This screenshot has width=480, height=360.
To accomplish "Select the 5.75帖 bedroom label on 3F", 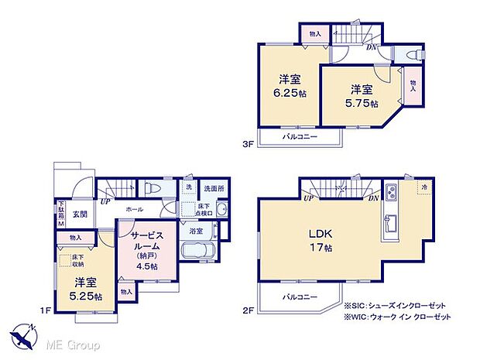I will [362, 96].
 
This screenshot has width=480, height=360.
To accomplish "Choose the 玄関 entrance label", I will [81, 214].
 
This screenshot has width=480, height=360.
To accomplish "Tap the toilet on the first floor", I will [152, 188].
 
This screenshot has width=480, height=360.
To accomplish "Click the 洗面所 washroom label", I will [213, 188].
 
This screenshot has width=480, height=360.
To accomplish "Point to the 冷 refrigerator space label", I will [424, 188].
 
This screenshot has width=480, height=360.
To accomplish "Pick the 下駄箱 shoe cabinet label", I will [61, 212].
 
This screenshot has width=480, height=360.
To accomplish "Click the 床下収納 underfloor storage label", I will [77, 260].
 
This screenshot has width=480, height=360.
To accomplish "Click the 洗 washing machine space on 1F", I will [188, 188].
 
